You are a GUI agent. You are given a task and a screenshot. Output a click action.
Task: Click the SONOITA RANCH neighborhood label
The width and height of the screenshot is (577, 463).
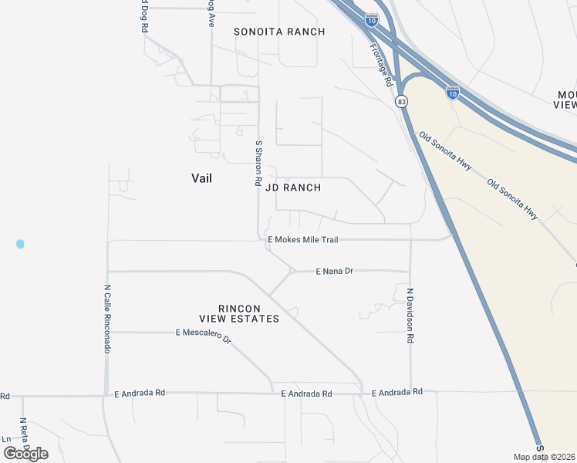(279, 32)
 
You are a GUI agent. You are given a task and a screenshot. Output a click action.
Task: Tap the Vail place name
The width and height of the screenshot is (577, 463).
(201, 178)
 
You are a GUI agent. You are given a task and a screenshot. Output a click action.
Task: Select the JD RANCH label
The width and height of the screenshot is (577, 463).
(292, 188)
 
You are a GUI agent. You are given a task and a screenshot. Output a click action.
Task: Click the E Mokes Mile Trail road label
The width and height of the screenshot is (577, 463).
(302, 240)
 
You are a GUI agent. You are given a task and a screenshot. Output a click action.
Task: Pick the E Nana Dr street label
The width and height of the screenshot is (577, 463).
(334, 272)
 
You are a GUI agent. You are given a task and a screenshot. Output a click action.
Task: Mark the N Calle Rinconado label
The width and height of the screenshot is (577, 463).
(107, 318)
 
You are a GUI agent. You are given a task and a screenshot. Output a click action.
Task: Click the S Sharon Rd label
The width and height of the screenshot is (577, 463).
(258, 162)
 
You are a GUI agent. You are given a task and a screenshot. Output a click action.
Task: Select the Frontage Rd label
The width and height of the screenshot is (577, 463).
(380, 63)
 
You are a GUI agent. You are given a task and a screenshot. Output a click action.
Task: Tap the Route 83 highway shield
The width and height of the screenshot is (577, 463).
(401, 101)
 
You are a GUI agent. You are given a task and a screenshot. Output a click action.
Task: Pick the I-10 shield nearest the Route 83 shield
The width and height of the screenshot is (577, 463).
(453, 93)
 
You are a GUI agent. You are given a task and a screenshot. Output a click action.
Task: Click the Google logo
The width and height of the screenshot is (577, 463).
(25, 453)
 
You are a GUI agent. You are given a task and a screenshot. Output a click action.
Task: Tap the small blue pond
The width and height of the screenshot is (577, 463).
(20, 244)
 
